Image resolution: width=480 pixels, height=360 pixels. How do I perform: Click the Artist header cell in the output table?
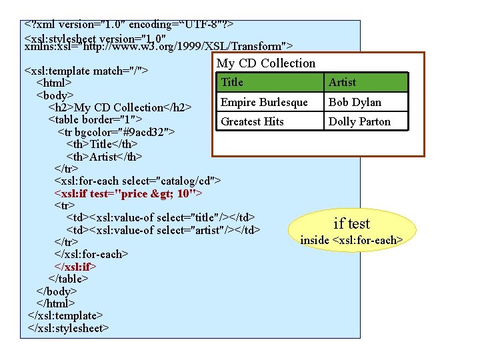click(x=366, y=82)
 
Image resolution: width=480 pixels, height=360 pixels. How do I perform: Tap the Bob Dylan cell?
click(x=366, y=102)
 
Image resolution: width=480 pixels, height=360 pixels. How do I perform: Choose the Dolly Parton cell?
click(x=366, y=121)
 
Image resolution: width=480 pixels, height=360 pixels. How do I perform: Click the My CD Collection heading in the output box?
click(x=267, y=63)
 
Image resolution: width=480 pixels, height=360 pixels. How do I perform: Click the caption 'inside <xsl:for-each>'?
click(x=351, y=239)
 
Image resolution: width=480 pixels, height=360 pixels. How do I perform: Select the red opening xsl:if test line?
click(x=128, y=193)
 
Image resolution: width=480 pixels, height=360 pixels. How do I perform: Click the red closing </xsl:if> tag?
click(x=79, y=266)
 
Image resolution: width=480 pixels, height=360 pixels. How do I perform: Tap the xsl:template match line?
click(x=86, y=71)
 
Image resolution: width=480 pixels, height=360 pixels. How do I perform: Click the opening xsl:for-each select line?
click(x=137, y=181)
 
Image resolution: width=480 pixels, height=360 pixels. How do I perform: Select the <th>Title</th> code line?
click(x=102, y=144)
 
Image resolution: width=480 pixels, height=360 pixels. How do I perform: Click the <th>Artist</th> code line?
click(x=104, y=157)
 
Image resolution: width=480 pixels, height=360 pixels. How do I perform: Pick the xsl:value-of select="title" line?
click(x=161, y=217)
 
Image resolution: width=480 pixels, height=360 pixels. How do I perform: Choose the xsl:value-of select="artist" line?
click(x=163, y=230)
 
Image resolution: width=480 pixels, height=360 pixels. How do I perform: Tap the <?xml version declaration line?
click(x=128, y=25)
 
